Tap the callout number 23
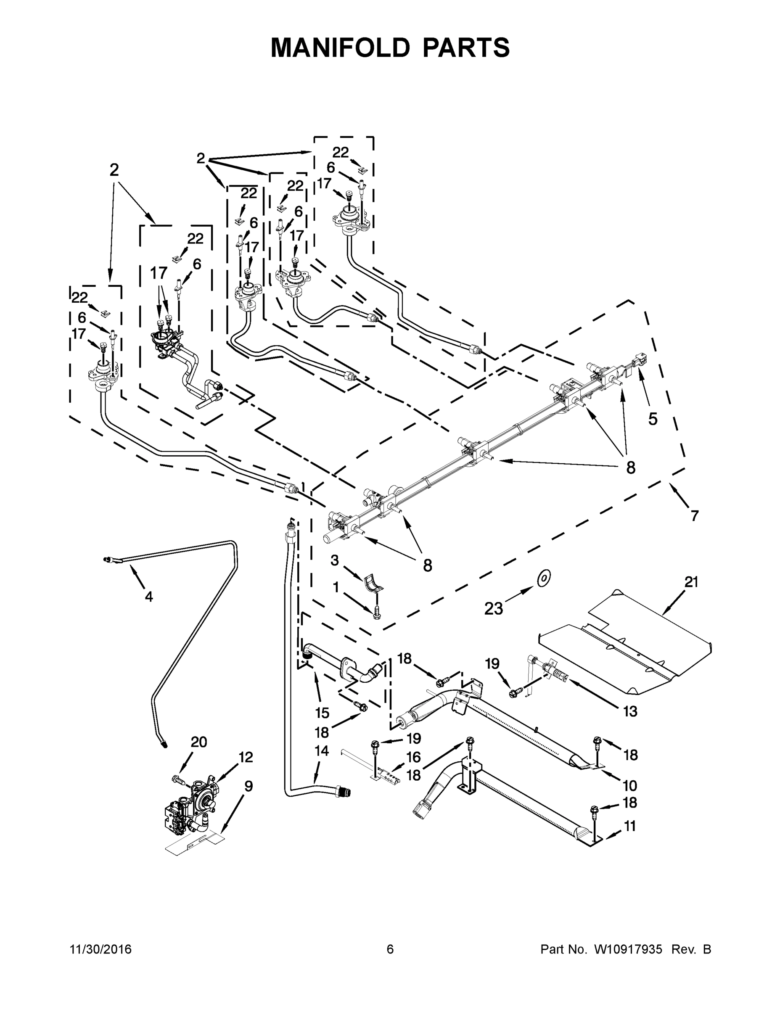[x=493, y=609]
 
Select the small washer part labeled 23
[x=544, y=578]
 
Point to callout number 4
[x=148, y=597]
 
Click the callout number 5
[x=653, y=419]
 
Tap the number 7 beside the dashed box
[x=695, y=515]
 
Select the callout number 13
[x=630, y=711]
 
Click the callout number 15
[x=322, y=713]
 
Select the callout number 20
[x=199, y=742]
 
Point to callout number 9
[x=248, y=786]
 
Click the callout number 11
[x=629, y=826]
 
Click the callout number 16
[x=414, y=757]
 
